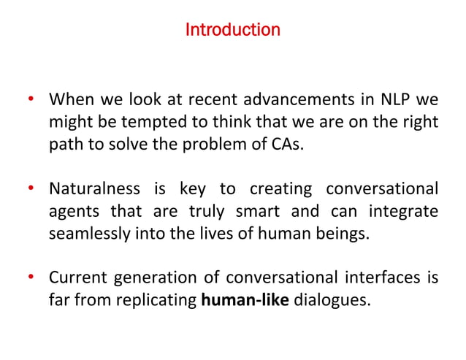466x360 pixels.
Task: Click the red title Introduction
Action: coord(232,31)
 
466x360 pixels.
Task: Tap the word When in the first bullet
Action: coord(69,99)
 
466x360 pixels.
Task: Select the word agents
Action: coord(74,212)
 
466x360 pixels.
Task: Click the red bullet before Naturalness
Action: coord(31,190)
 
